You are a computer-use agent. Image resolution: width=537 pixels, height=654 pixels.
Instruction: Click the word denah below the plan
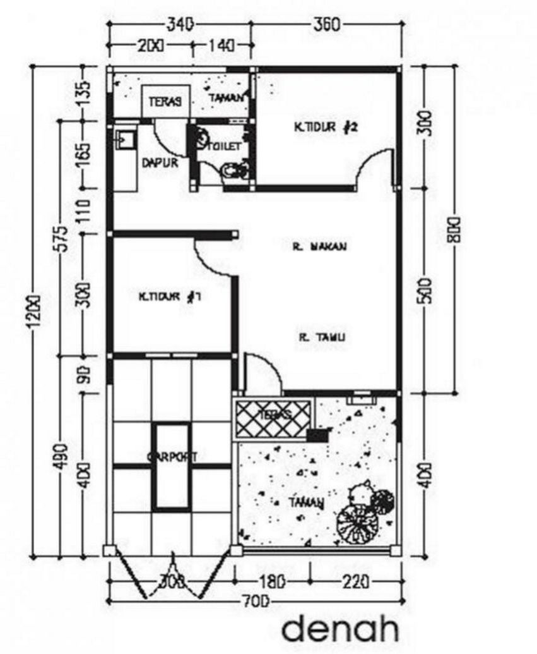click(341, 630)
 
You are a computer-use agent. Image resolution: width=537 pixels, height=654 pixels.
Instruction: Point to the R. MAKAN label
click(320, 248)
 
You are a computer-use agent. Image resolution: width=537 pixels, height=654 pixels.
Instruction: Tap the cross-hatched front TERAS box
click(273, 417)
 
